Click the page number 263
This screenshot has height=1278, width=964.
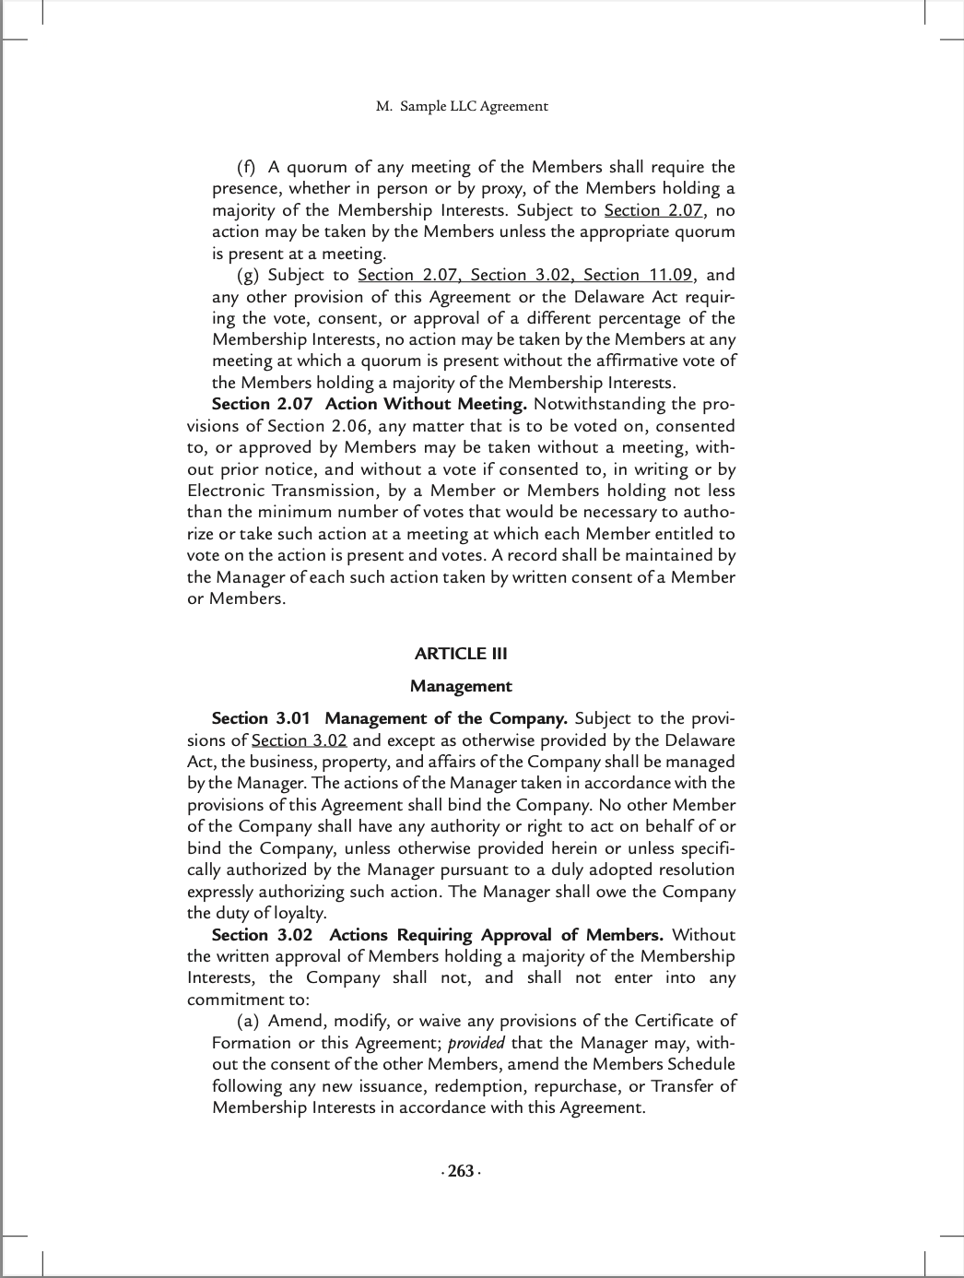click(x=461, y=1171)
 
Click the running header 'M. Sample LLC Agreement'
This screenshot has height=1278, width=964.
click(x=462, y=106)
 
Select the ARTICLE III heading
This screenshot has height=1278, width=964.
click(x=461, y=654)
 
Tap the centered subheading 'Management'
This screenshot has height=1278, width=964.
click(x=461, y=686)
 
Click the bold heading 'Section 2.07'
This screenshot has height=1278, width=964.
click(x=262, y=404)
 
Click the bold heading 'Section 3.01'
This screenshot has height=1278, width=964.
click(x=261, y=718)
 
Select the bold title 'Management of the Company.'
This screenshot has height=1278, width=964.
click(x=446, y=718)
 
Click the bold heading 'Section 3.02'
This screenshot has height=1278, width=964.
click(x=262, y=935)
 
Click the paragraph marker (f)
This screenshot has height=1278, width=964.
click(x=246, y=167)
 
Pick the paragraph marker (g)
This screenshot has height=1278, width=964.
click(x=247, y=275)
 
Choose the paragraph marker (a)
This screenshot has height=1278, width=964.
click(x=247, y=1021)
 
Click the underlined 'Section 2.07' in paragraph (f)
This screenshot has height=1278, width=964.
click(x=653, y=210)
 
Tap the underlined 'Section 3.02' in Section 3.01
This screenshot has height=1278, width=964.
click(x=299, y=740)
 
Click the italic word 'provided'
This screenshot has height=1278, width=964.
click(x=476, y=1043)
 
